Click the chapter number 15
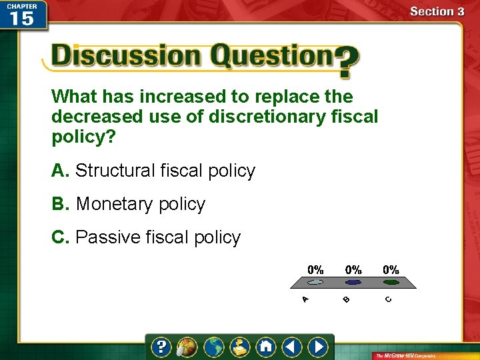21,18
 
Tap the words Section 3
437,11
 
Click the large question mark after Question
346,61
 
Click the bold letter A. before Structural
60,171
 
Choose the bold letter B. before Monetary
60,204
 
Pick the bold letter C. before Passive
60,237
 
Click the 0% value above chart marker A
315,270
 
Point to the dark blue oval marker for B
353,283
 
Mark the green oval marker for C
391,283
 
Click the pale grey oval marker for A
315,283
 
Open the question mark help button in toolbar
161,347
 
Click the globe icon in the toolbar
213,347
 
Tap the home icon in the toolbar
265,347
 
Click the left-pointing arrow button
291,347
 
